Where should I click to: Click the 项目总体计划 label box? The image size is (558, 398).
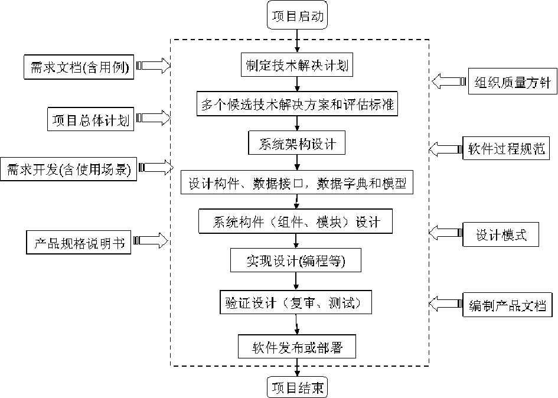pyautogui.click(x=90, y=120)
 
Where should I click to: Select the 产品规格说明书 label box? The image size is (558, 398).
pyautogui.click(x=79, y=243)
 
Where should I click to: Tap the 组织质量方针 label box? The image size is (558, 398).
pyautogui.click(x=513, y=83)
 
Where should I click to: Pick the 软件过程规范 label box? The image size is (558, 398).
pyautogui.click(x=507, y=148)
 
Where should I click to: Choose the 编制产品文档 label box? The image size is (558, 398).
pyautogui.click(x=507, y=306)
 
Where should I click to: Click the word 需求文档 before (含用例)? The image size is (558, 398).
pyautogui.click(x=57, y=68)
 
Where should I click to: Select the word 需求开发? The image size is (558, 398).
pyautogui.click(x=33, y=170)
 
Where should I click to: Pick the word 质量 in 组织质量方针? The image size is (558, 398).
pyautogui.click(x=513, y=83)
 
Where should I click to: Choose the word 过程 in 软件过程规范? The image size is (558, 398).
pyautogui.click(x=507, y=148)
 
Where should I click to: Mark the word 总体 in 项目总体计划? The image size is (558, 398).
pyautogui.click(x=90, y=120)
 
